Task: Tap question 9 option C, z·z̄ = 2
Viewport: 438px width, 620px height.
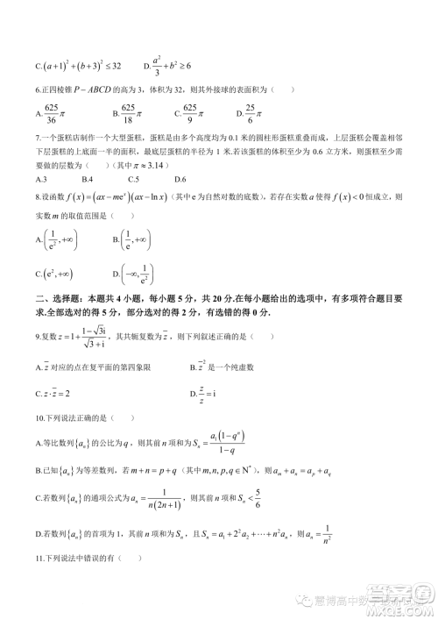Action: pyautogui.click(x=54, y=395)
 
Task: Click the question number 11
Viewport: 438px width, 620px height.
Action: pyautogui.click(x=39, y=559)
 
